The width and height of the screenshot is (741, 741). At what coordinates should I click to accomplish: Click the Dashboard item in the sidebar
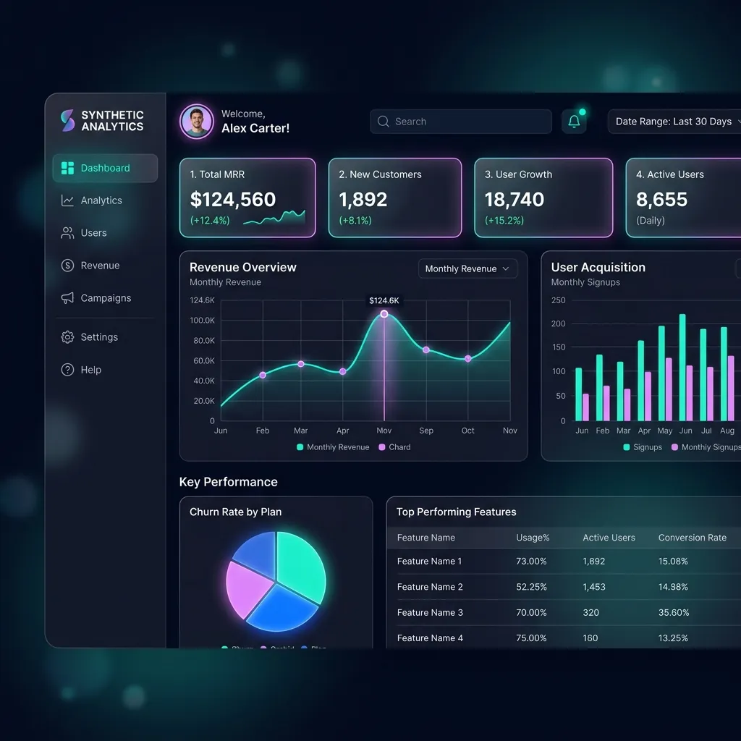105,168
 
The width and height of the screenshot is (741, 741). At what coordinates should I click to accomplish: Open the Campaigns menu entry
105,298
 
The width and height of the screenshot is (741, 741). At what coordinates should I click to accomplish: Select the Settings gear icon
67,337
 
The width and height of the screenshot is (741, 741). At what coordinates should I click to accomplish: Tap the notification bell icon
574,122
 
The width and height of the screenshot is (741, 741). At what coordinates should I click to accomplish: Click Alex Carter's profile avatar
197,122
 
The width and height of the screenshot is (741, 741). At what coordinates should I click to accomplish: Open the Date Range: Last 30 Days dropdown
677,122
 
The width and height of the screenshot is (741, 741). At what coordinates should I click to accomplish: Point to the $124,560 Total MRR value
233,200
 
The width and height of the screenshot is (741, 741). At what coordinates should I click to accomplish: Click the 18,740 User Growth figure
515,200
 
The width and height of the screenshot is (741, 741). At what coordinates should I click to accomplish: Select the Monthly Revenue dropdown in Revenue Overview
467,268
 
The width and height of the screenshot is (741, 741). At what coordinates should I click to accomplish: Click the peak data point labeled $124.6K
384,314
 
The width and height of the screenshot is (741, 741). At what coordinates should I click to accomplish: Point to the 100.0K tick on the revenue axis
203,321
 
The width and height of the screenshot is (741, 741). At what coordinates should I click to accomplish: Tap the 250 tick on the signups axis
559,300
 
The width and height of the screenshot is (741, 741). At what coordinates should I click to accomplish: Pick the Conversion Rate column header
692,538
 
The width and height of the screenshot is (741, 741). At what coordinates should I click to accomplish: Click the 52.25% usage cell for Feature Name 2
531,587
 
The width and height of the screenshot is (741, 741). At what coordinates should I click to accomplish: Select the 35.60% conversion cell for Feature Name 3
673,612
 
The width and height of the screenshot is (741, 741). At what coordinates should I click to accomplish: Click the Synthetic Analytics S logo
67,121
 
